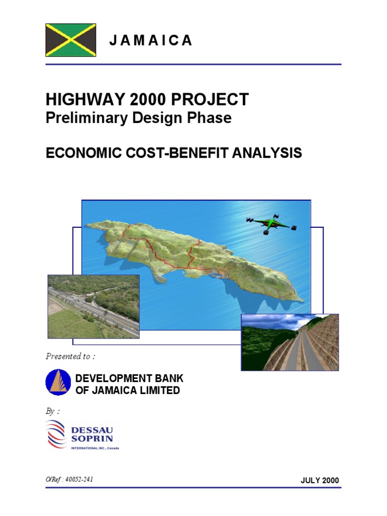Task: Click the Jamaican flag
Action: point(71,40)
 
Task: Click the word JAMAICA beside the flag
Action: point(151,41)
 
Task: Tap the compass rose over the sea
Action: point(271,223)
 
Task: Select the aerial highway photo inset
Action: point(93,306)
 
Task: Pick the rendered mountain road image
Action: point(290,342)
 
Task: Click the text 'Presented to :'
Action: point(70,357)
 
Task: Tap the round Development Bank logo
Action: point(57,382)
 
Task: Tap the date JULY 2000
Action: point(320,481)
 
